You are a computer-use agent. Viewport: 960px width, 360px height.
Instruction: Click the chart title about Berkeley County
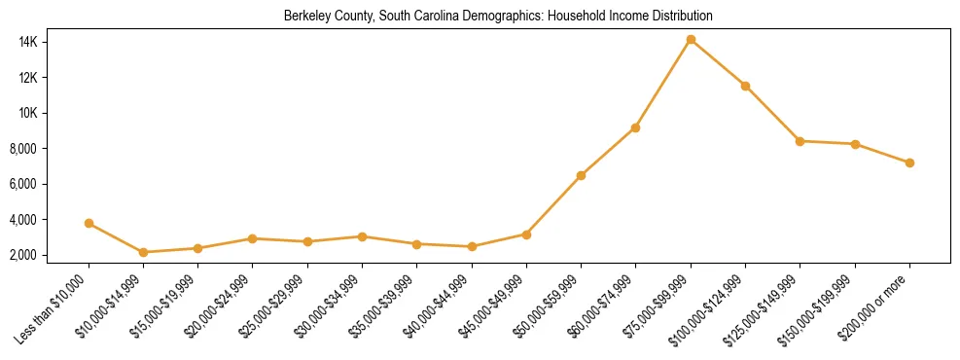click(498, 17)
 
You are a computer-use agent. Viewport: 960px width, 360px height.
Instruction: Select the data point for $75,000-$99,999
click(691, 40)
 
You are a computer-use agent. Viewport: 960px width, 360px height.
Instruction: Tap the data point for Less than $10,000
click(89, 223)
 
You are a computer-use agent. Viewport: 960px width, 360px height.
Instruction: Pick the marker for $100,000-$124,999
click(745, 86)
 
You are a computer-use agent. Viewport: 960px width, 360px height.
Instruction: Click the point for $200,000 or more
click(909, 162)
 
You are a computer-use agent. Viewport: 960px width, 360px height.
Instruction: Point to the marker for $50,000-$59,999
click(581, 175)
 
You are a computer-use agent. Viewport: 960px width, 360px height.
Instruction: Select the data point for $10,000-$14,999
click(143, 252)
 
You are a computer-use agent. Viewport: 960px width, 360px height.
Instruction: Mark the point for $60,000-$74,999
click(635, 127)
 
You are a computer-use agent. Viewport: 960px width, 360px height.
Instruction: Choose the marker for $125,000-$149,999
click(800, 141)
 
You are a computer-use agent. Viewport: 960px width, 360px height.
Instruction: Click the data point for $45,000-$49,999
click(526, 234)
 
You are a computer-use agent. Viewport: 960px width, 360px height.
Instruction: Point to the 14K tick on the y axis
click(54, 42)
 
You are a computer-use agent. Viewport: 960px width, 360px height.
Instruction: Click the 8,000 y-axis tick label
click(50, 149)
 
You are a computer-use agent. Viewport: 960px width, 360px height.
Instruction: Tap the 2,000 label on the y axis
click(50, 255)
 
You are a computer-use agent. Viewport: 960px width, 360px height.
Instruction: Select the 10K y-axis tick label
click(54, 113)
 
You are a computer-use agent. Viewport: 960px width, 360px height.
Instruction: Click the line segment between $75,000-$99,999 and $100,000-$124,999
click(718, 63)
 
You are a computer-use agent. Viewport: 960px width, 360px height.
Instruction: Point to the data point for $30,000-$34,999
click(362, 236)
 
